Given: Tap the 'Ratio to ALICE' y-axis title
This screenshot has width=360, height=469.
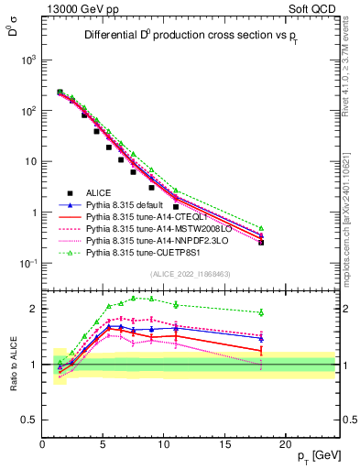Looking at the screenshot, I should pos(12,365).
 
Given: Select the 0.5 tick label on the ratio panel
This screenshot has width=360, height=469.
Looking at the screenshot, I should pos(29,420).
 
